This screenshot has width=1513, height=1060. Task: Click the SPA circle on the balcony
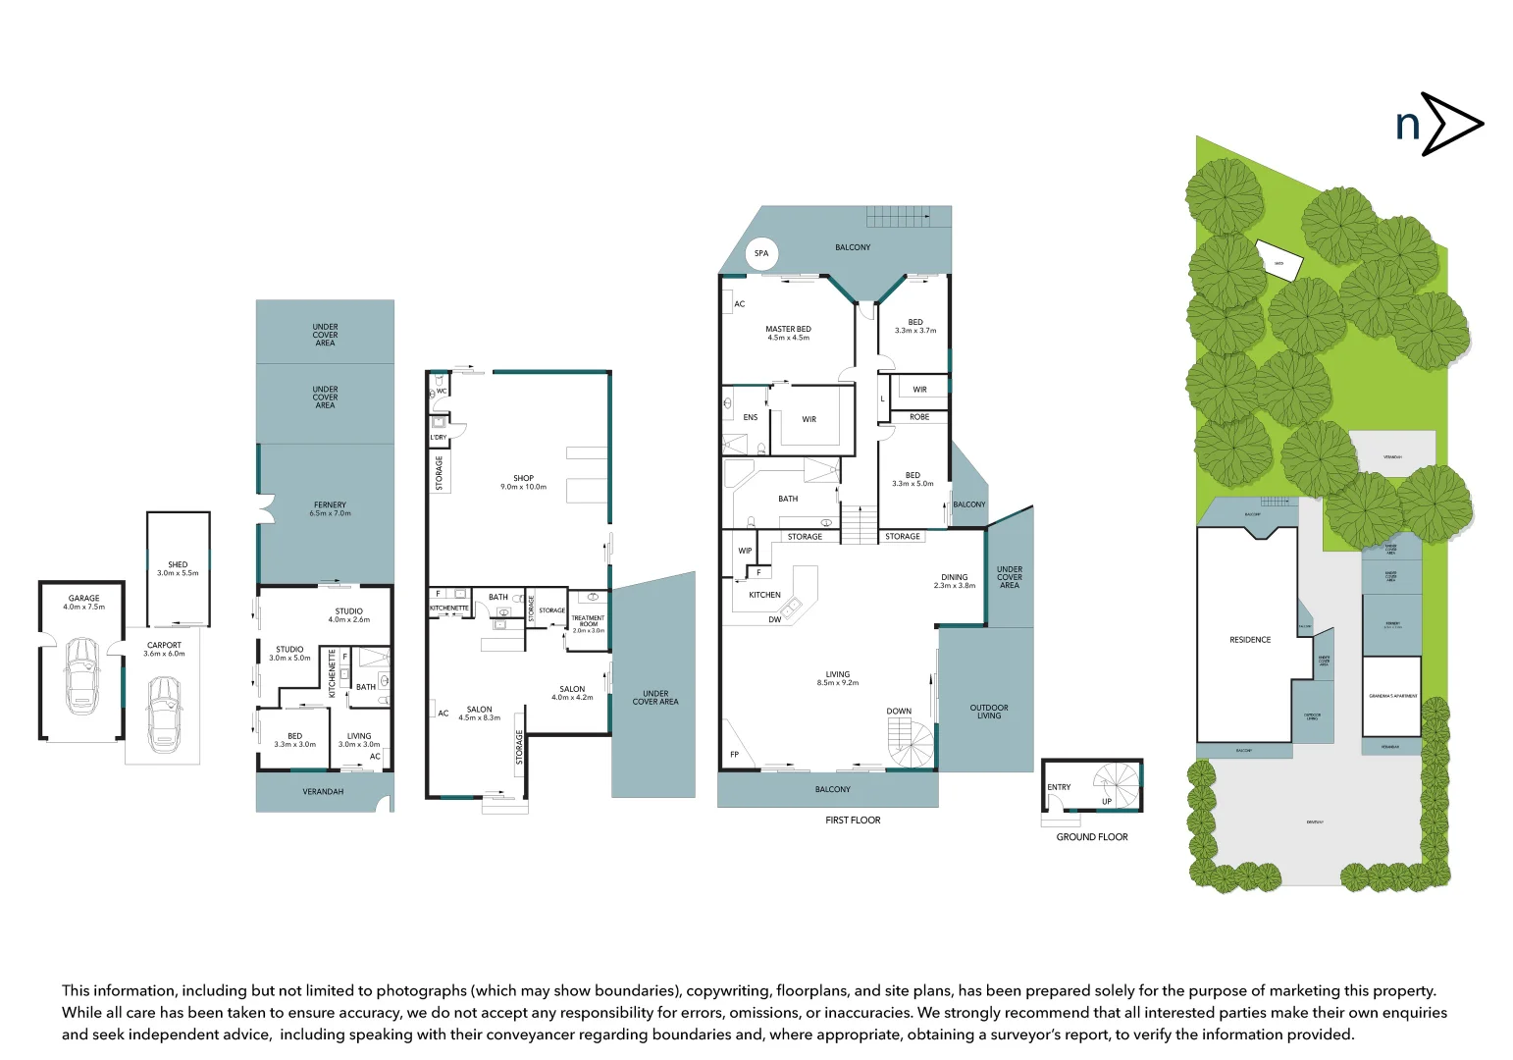pos(761,253)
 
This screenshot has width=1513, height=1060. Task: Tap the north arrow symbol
pos(1438,125)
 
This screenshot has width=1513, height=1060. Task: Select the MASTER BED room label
pos(788,333)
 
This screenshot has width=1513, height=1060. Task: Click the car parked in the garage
pos(82,675)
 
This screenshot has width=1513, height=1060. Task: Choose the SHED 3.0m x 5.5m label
pos(178,568)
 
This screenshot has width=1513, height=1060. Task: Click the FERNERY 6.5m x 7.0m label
pos(330,508)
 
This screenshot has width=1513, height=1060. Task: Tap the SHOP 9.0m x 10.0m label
pos(523,482)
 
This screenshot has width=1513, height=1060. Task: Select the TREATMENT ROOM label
pos(588,623)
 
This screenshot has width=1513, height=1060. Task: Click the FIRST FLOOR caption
pos(853,821)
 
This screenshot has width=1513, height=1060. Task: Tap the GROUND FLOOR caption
pos(1091,837)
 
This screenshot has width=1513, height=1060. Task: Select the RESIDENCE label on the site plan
pos(1249,640)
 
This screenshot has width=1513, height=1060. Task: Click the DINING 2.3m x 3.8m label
pos(954,581)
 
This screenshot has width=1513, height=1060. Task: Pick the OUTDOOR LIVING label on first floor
pos(988,712)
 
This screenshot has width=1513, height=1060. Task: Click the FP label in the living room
pos(734,755)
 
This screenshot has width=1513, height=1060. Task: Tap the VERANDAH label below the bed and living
pos(323,792)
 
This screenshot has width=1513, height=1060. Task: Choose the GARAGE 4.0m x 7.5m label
pos(83,602)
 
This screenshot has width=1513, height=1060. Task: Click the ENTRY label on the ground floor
pos(1059,787)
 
